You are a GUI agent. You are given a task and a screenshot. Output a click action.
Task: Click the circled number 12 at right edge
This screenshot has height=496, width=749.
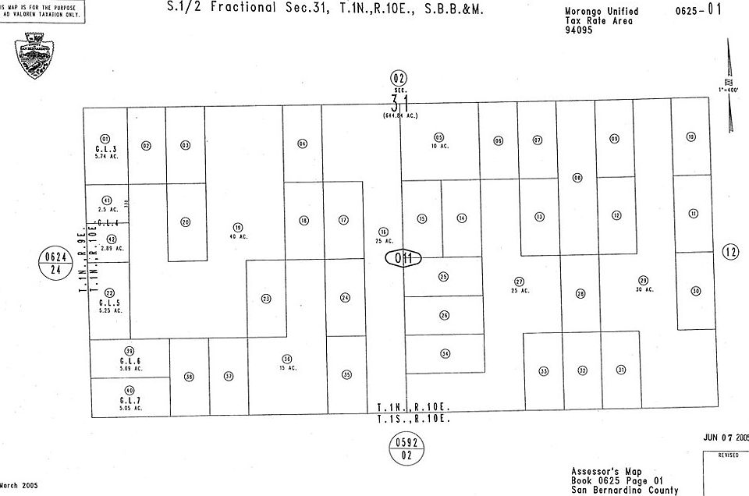[730, 252]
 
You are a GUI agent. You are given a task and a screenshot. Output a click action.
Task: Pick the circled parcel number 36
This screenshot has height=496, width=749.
[287, 359]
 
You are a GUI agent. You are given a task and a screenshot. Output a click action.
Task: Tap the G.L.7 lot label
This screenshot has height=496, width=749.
[130, 399]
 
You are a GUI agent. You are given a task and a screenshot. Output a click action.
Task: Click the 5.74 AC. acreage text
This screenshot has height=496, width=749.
[106, 157]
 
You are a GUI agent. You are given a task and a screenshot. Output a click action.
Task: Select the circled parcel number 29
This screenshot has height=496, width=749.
[643, 281]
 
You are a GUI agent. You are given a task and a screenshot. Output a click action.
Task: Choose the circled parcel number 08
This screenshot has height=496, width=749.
[577, 178]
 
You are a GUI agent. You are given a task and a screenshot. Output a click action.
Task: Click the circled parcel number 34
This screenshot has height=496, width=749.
[445, 353]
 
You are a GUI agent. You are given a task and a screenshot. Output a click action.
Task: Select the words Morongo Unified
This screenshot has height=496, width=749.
[601, 12]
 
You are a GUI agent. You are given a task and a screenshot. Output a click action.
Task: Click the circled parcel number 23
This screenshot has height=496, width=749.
[266, 298]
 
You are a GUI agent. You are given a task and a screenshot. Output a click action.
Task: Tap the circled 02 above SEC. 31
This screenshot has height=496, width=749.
[399, 77]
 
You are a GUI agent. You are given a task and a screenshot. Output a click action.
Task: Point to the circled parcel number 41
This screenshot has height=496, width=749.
[107, 200]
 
